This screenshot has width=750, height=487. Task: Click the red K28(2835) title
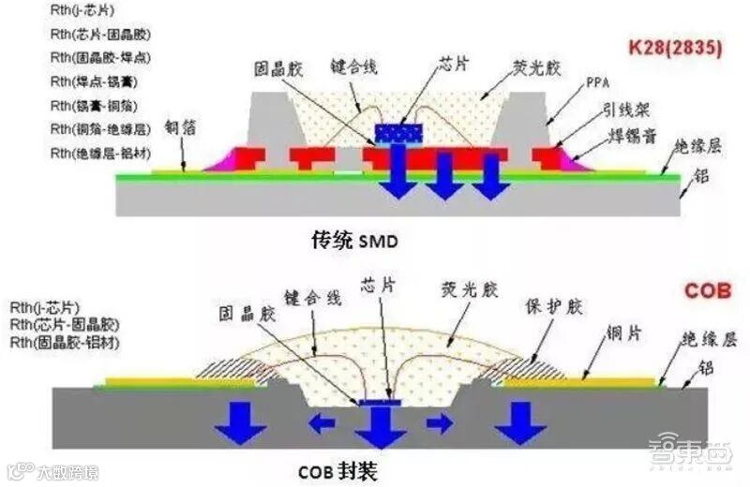(676, 50)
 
